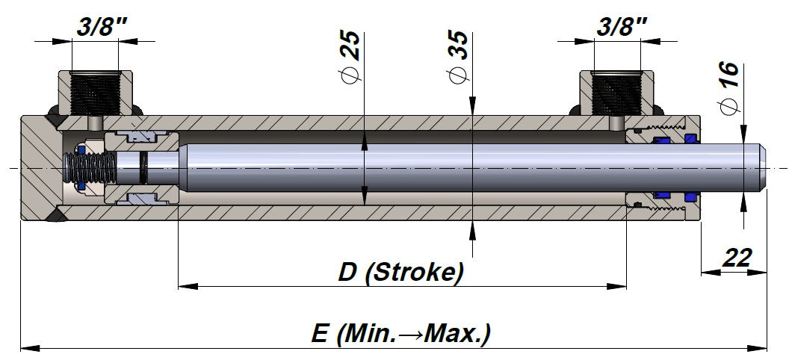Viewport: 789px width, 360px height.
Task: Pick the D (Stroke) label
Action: (400, 272)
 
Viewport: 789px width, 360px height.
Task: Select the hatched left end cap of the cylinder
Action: (39, 167)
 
